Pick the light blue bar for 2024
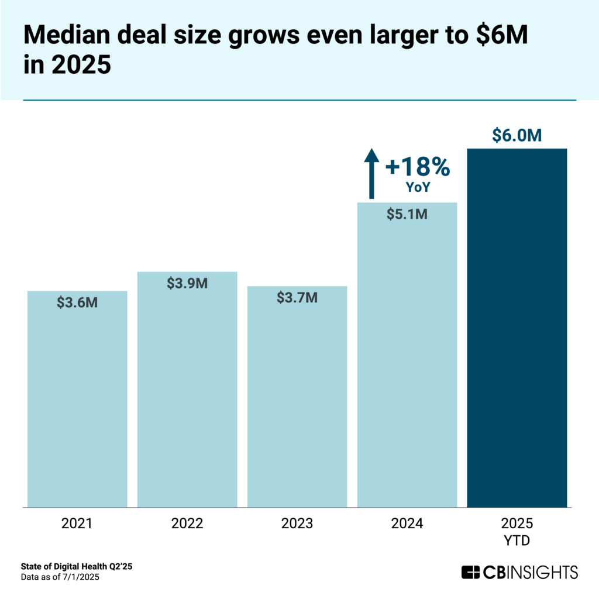[x=407, y=363]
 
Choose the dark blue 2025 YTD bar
[x=517, y=328]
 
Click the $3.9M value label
[x=187, y=284]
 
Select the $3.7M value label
[x=297, y=298]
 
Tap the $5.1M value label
[x=407, y=214]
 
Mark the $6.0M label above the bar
[x=517, y=135]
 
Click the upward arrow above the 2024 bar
[x=370, y=173]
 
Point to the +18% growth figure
[x=418, y=168]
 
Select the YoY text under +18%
[x=418, y=187]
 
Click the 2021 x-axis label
[x=77, y=524]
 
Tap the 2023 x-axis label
[x=297, y=524]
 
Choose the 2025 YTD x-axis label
[x=517, y=531]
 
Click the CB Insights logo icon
[x=471, y=572]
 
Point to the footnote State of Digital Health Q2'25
[x=80, y=567]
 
